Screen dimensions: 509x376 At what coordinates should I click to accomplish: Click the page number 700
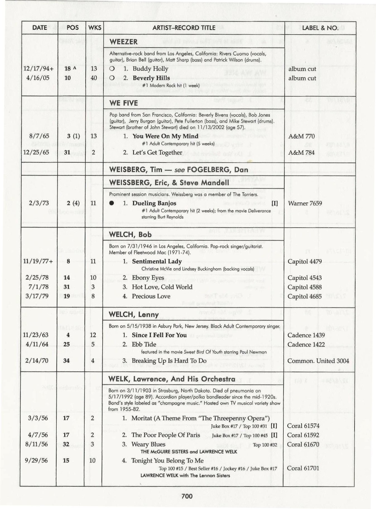pyautogui.click(x=187, y=496)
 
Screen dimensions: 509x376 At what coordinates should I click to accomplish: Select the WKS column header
pyautogui.click(x=95, y=28)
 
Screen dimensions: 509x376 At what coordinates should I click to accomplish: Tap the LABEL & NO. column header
pyautogui.click(x=320, y=28)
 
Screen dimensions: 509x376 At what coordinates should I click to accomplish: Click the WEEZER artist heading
pyautogui.click(x=124, y=42)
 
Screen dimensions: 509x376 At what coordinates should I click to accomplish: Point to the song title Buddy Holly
pyautogui.click(x=150, y=69)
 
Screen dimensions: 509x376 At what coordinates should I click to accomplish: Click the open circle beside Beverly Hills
pyautogui.click(x=112, y=78)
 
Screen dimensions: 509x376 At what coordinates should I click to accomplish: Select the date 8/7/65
pyautogui.click(x=39, y=136)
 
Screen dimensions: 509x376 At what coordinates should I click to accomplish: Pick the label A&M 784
pyautogui.click(x=302, y=153)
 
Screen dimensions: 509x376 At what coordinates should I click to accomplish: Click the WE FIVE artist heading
pyautogui.click(x=124, y=103)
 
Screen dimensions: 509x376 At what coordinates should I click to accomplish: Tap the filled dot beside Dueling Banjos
pyautogui.click(x=112, y=203)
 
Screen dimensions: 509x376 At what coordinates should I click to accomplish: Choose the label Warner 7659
pyautogui.click(x=305, y=203)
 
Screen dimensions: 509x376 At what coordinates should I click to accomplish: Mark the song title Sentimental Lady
pyautogui.click(x=157, y=261)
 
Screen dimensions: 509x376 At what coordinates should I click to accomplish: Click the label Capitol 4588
pyautogui.click(x=305, y=287)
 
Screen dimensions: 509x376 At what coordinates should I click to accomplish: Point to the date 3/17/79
pyautogui.click(x=37, y=296)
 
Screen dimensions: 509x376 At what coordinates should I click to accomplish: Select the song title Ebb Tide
pyautogui.click(x=144, y=344)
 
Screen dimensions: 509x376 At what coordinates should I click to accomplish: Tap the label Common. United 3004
pyautogui.click(x=318, y=361)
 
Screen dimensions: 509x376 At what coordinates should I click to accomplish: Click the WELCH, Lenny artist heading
pyautogui.click(x=134, y=315)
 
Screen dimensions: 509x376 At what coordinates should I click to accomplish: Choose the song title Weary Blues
pyautogui.click(x=148, y=444)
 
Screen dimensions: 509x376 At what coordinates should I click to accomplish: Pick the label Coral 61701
pyautogui.click(x=303, y=468)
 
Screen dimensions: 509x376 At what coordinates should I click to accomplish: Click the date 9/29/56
pyautogui.click(x=36, y=460)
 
